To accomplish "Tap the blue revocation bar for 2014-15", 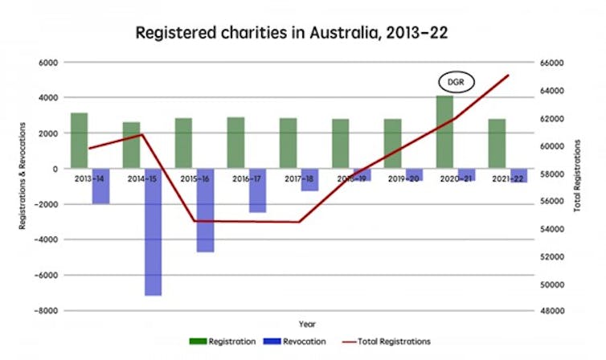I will tap(153, 231).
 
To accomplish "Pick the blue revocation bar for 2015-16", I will tap(205, 210).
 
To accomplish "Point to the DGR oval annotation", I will tap(456, 82).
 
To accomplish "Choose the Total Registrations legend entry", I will tap(390, 342).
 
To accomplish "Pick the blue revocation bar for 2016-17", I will tap(257, 190).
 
